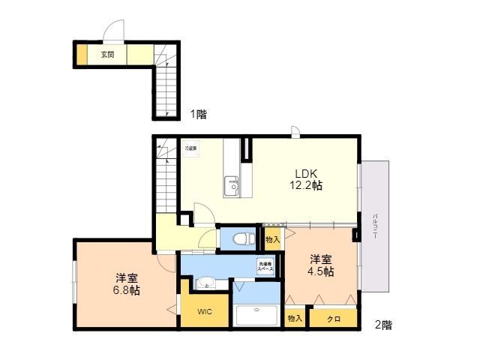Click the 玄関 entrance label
pyautogui.click(x=108, y=55)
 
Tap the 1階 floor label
pyautogui.click(x=198, y=115)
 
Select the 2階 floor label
pyautogui.click(x=382, y=325)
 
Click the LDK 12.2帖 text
pyautogui.click(x=307, y=178)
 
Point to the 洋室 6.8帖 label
pyautogui.click(x=126, y=284)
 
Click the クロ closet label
pyautogui.click(x=334, y=319)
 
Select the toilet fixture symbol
pyautogui.click(x=240, y=239)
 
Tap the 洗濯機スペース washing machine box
pyautogui.click(x=266, y=265)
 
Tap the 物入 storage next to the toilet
pyautogui.click(x=272, y=239)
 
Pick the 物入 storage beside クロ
pyautogui.click(x=295, y=319)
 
